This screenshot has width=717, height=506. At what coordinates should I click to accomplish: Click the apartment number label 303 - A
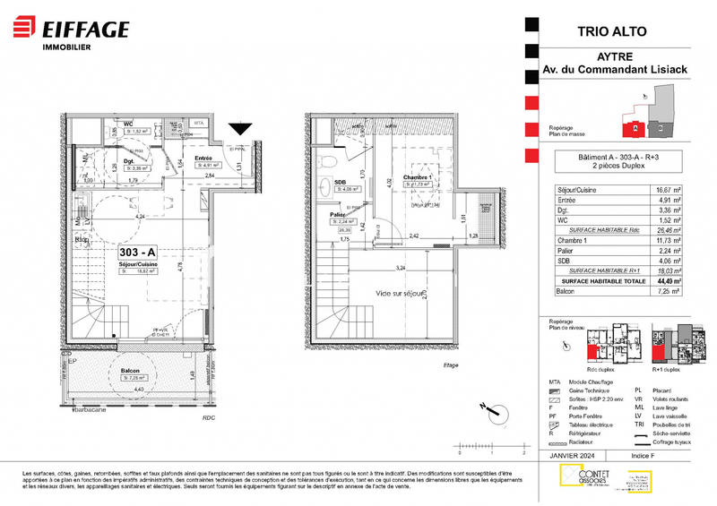(138, 252)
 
